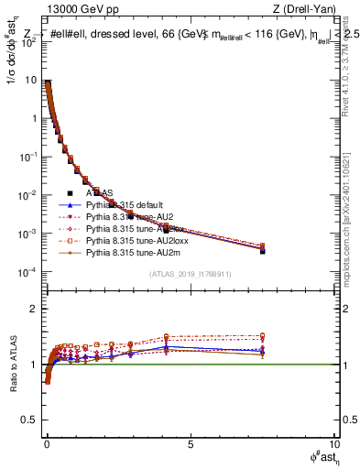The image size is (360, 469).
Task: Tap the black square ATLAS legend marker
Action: click(70, 193)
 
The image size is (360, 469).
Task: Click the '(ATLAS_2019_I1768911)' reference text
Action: click(190, 275)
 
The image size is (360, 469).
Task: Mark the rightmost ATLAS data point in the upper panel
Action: click(262, 249)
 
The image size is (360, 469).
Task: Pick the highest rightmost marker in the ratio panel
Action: click(262, 336)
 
